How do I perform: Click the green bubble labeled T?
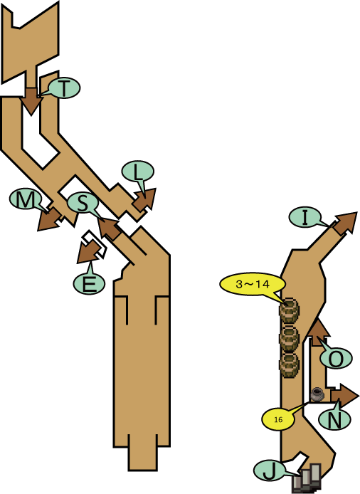[x=64, y=88]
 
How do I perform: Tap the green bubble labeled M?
[x=26, y=199]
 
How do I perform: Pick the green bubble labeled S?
[x=83, y=204]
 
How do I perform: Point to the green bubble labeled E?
[x=89, y=283]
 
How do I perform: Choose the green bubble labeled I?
[x=305, y=218]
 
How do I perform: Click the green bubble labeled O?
[x=336, y=358]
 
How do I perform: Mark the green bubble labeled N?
[x=334, y=419]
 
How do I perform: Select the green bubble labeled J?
[x=269, y=471]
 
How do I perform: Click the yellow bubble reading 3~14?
[x=253, y=284]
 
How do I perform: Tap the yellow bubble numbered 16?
[x=278, y=420]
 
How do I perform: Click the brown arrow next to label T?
[x=31, y=101]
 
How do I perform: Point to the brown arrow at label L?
[x=145, y=200]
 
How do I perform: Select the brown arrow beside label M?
[x=50, y=219]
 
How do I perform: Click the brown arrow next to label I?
[x=345, y=223]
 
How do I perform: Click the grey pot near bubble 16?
[x=317, y=394]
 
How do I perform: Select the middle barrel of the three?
[x=289, y=338]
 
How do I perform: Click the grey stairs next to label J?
[x=307, y=478]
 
